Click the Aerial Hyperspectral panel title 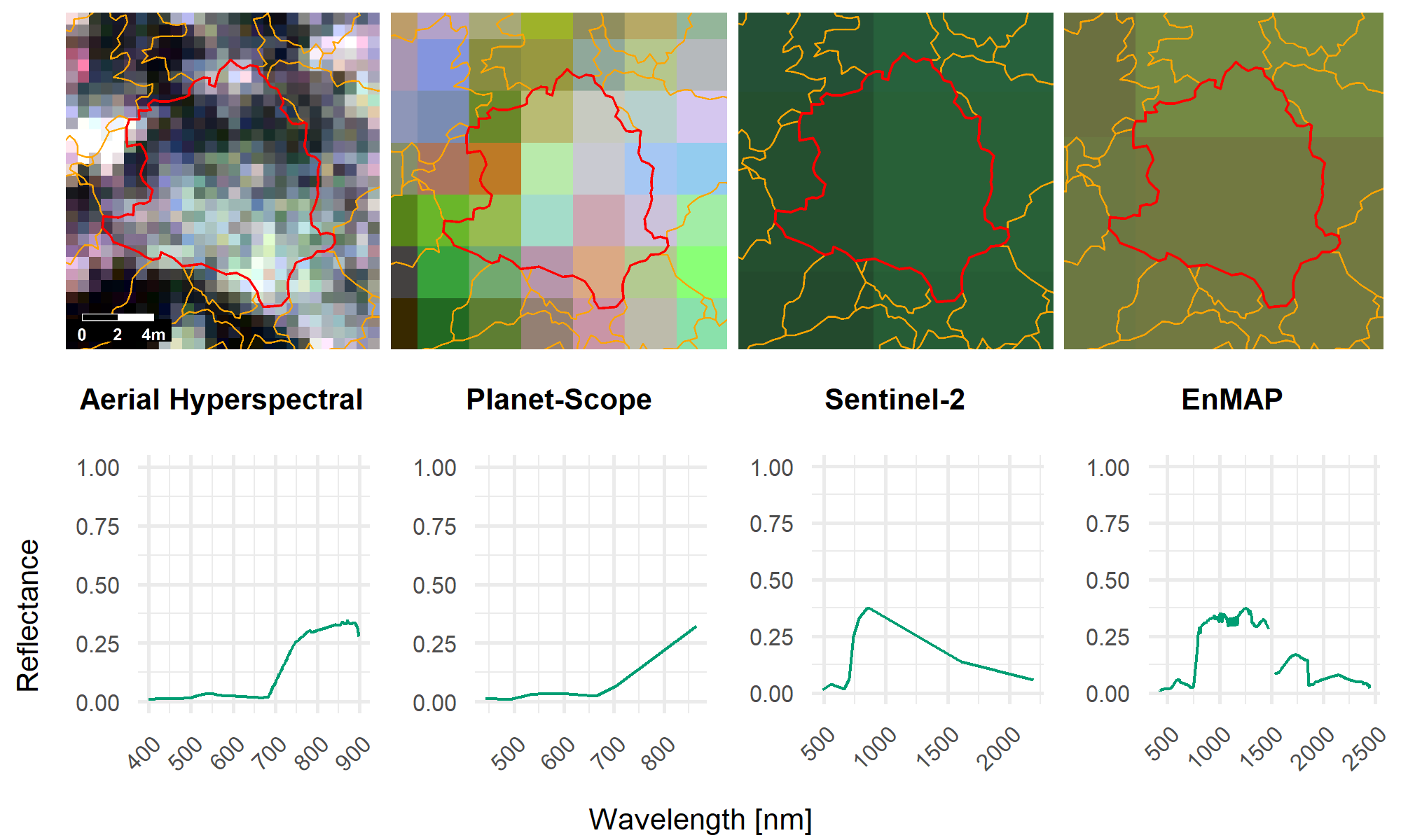point(221,400)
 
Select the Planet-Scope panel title point(559,400)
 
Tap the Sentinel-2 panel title point(895,400)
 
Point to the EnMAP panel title point(1231,400)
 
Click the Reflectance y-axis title point(28,616)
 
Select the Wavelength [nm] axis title point(700,819)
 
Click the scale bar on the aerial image point(118,318)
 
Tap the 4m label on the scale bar point(153,335)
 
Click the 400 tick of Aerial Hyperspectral point(144,753)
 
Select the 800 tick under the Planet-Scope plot point(658,753)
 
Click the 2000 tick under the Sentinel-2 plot point(1001,749)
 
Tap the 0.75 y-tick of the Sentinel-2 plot point(771,524)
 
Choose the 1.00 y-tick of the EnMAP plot point(1107,468)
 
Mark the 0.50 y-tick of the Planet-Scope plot point(434,585)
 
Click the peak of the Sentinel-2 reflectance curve point(868,608)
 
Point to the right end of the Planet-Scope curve point(696,626)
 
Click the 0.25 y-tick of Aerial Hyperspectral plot point(97,644)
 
